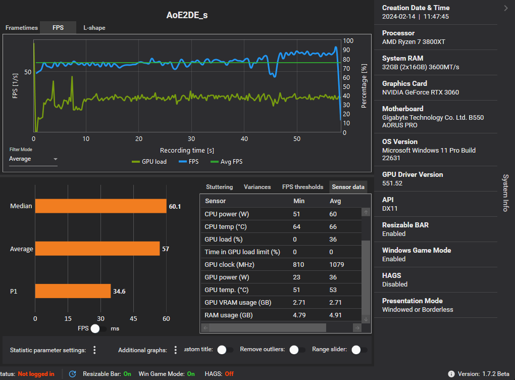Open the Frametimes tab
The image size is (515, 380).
22,28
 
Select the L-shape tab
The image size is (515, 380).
94,28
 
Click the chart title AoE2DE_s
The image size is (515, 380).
187,15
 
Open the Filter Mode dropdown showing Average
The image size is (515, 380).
33,159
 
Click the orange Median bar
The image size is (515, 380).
100,206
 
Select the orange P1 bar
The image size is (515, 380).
73,291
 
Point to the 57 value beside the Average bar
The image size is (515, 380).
166,249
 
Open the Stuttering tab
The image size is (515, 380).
220,187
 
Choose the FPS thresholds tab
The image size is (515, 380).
302,187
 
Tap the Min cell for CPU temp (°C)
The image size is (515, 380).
297,227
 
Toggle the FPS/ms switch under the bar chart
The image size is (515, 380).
99,328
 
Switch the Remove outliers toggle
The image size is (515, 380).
297,350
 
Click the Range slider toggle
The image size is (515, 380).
359,350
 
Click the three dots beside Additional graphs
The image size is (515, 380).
175,350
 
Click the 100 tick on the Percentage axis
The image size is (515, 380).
347,41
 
